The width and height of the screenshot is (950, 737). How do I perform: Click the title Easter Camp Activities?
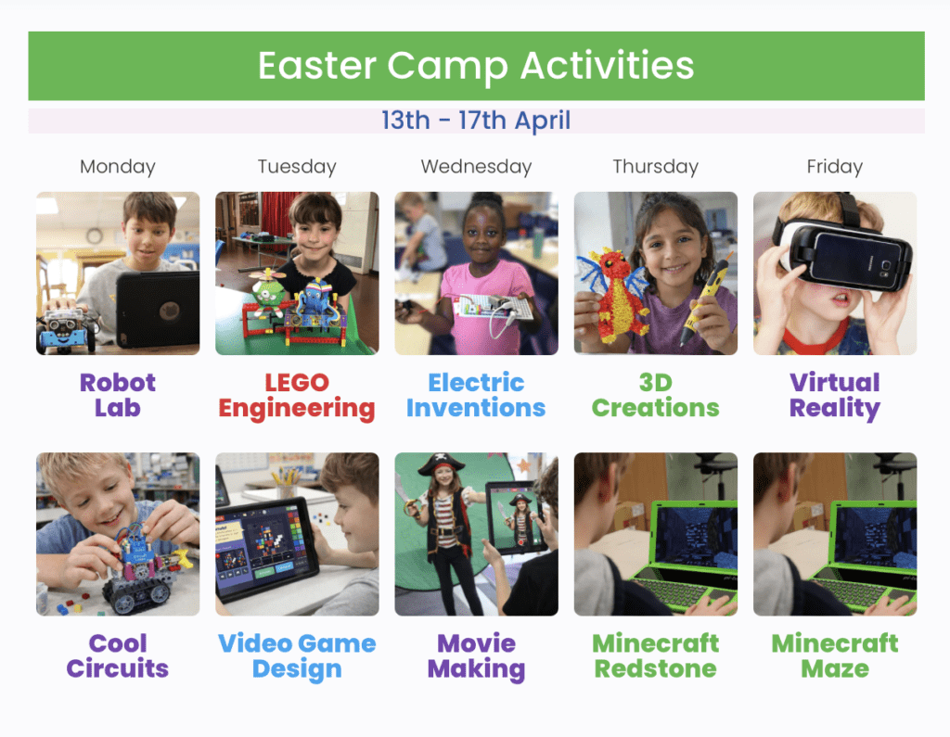[476, 66]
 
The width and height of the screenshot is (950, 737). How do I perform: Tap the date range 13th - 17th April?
[476, 120]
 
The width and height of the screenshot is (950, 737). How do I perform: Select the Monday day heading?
[118, 167]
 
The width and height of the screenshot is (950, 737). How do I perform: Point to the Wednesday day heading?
[476, 167]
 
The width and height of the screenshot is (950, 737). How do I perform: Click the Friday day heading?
[835, 167]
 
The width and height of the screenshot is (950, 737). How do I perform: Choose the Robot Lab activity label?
[118, 395]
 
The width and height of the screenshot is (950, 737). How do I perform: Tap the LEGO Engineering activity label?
[297, 396]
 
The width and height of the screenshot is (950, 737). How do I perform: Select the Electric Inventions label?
[476, 395]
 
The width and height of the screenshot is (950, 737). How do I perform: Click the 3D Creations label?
[656, 395]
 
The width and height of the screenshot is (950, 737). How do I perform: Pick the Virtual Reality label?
[835, 396]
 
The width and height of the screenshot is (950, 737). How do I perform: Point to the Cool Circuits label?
[118, 655]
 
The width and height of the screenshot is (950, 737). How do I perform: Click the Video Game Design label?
[297, 656]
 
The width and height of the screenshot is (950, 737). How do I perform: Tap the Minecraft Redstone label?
[656, 655]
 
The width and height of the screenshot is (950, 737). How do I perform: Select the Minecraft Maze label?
[835, 655]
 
